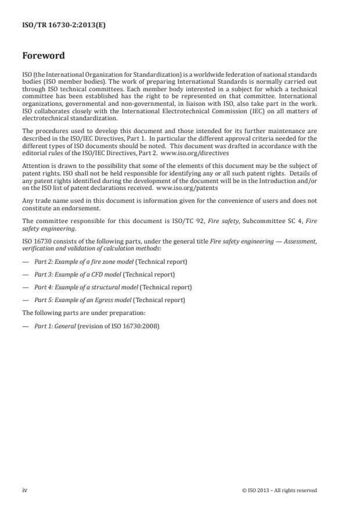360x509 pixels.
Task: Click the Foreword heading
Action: tap(44, 56)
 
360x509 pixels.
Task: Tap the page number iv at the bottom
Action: tap(25, 490)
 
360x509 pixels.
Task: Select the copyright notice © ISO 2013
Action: tap(279, 490)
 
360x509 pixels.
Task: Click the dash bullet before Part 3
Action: tap(25, 274)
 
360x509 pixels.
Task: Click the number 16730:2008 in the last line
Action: tap(144, 325)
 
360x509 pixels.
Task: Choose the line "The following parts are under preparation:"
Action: tap(72, 313)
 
